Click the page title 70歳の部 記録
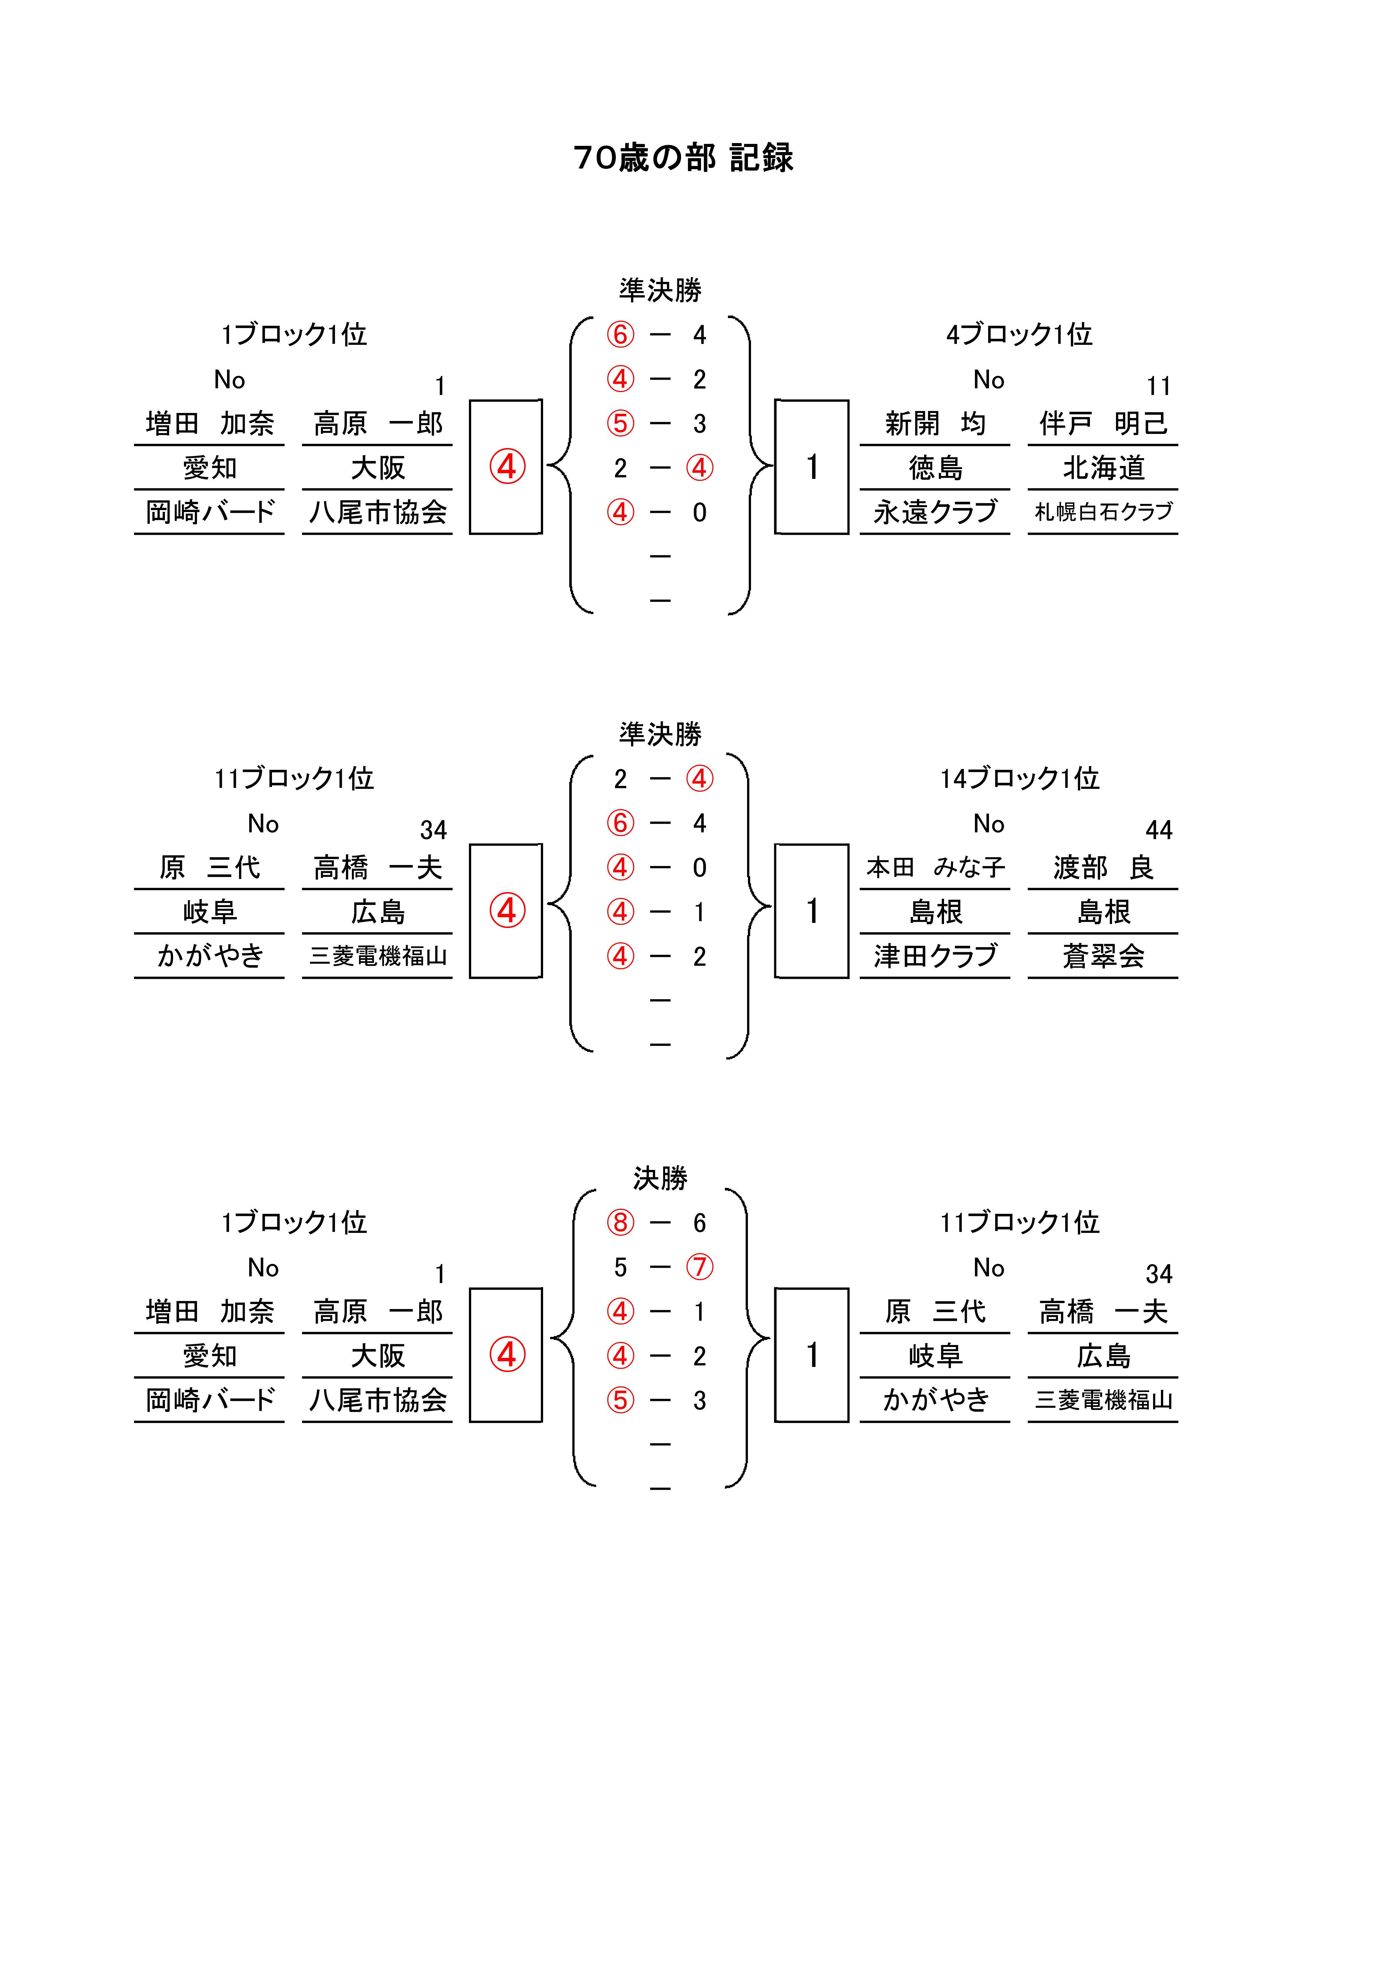click(684, 157)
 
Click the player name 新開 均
click(935, 424)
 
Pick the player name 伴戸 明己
click(1104, 424)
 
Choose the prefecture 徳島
click(935, 468)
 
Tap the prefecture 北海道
click(1104, 468)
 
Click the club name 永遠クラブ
click(935, 512)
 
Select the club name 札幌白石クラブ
click(1104, 512)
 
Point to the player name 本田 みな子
click(935, 868)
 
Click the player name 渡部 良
click(1104, 868)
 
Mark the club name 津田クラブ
click(935, 956)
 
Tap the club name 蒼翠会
click(1104, 956)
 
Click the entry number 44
click(1159, 830)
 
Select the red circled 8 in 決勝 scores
click(620, 1222)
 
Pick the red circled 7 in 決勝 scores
click(699, 1267)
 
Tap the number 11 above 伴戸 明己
click(1159, 386)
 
